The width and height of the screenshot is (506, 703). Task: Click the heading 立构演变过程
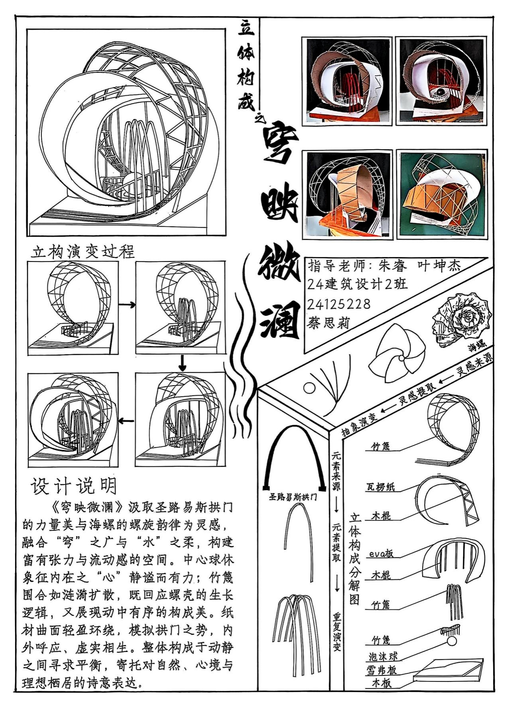tap(83, 251)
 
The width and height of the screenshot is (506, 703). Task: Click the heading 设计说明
tap(74, 486)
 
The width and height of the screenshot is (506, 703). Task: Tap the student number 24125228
tap(339, 304)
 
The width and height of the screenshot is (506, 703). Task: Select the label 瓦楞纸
tap(381, 487)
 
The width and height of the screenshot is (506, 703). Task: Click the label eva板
tap(381, 553)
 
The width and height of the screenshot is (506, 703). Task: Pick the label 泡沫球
tap(383, 656)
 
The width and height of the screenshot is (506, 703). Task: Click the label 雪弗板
tap(381, 670)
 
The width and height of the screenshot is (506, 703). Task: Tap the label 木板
tap(381, 683)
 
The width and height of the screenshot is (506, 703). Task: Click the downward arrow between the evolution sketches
tap(182, 362)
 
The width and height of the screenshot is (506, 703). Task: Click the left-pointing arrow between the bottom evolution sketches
tap(126, 420)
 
